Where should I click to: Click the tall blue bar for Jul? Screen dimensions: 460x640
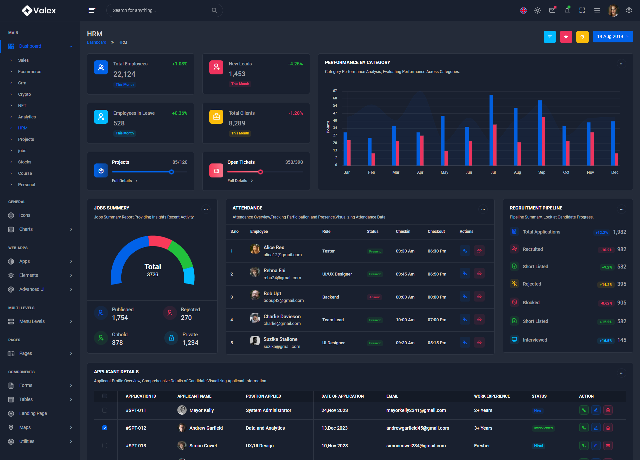coord(491,130)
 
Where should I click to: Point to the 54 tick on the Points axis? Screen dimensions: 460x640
coord(335,106)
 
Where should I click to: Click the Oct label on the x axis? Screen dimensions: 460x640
coord(566,172)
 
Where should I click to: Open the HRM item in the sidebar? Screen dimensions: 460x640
coord(23,128)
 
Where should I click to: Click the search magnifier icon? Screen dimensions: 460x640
coord(214,10)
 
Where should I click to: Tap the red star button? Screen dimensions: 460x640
coord(566,37)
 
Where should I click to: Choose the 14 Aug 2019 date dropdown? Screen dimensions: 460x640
coord(613,37)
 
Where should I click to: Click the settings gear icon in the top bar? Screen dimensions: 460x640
coord(629,10)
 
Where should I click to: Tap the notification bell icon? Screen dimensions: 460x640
coord(567,10)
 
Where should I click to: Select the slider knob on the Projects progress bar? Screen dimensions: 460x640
coord(171,172)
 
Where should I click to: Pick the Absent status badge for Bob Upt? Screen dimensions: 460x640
coord(374,297)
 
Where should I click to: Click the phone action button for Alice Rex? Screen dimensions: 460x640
coord(465,251)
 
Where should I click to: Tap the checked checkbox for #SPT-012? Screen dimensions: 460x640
coord(105,428)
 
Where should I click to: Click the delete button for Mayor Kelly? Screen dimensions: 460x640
coord(608,410)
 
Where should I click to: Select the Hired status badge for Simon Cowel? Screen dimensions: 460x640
coord(538,446)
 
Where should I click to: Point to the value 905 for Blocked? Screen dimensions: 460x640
coord(622,303)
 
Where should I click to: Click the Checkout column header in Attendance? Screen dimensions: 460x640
coord(436,232)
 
